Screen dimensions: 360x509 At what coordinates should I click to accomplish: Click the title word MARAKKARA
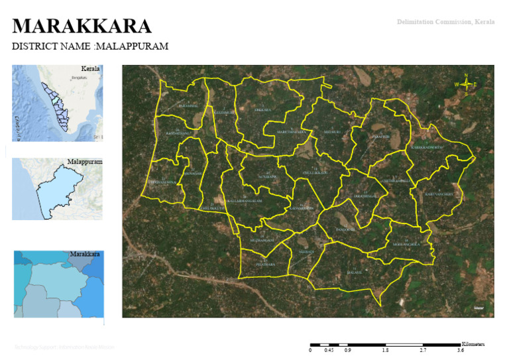[x=82, y=27]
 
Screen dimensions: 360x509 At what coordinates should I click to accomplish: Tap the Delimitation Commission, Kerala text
[x=445, y=22]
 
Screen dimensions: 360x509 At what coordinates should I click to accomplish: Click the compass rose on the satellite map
[x=466, y=84]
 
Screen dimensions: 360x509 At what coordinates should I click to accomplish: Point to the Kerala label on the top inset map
[x=90, y=69]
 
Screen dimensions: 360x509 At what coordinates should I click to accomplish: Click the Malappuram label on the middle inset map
[x=84, y=162]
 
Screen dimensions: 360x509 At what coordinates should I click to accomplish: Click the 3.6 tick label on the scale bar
[x=459, y=350]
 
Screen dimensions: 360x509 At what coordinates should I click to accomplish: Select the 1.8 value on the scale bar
[x=385, y=350]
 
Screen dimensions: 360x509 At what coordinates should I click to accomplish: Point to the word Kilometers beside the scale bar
[x=473, y=344]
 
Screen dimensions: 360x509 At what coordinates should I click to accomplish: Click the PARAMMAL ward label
[x=188, y=105]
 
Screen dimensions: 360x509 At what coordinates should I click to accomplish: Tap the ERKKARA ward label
[x=263, y=109]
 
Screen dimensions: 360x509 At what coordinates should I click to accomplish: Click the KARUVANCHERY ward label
[x=439, y=194]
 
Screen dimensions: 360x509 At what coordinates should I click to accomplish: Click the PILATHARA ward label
[x=265, y=264]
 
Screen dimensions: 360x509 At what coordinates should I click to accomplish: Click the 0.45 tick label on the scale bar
[x=328, y=350]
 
